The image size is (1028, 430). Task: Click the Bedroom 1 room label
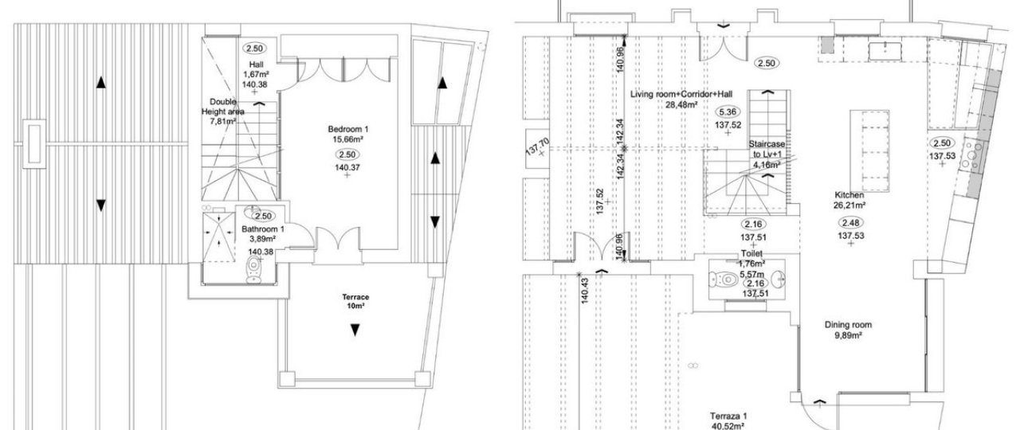click(347, 135)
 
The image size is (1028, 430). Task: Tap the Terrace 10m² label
click(355, 301)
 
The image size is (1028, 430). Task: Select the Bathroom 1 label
click(263, 234)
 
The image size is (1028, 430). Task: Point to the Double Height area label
click(223, 111)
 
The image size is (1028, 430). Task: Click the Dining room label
click(848, 330)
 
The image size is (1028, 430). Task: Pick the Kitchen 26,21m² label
click(849, 201)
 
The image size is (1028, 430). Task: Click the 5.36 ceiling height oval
click(728, 111)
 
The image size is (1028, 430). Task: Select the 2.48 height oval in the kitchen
click(851, 223)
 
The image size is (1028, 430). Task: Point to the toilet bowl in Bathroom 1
click(253, 270)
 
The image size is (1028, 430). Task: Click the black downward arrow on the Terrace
click(355, 330)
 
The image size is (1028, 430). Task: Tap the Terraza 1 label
click(728, 420)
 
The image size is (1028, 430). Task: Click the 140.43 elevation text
click(584, 290)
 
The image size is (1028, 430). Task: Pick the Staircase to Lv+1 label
click(767, 154)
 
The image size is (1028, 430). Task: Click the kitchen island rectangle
click(869, 150)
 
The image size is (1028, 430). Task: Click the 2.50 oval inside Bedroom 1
click(347, 155)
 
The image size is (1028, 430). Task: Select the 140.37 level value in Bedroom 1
click(347, 168)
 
